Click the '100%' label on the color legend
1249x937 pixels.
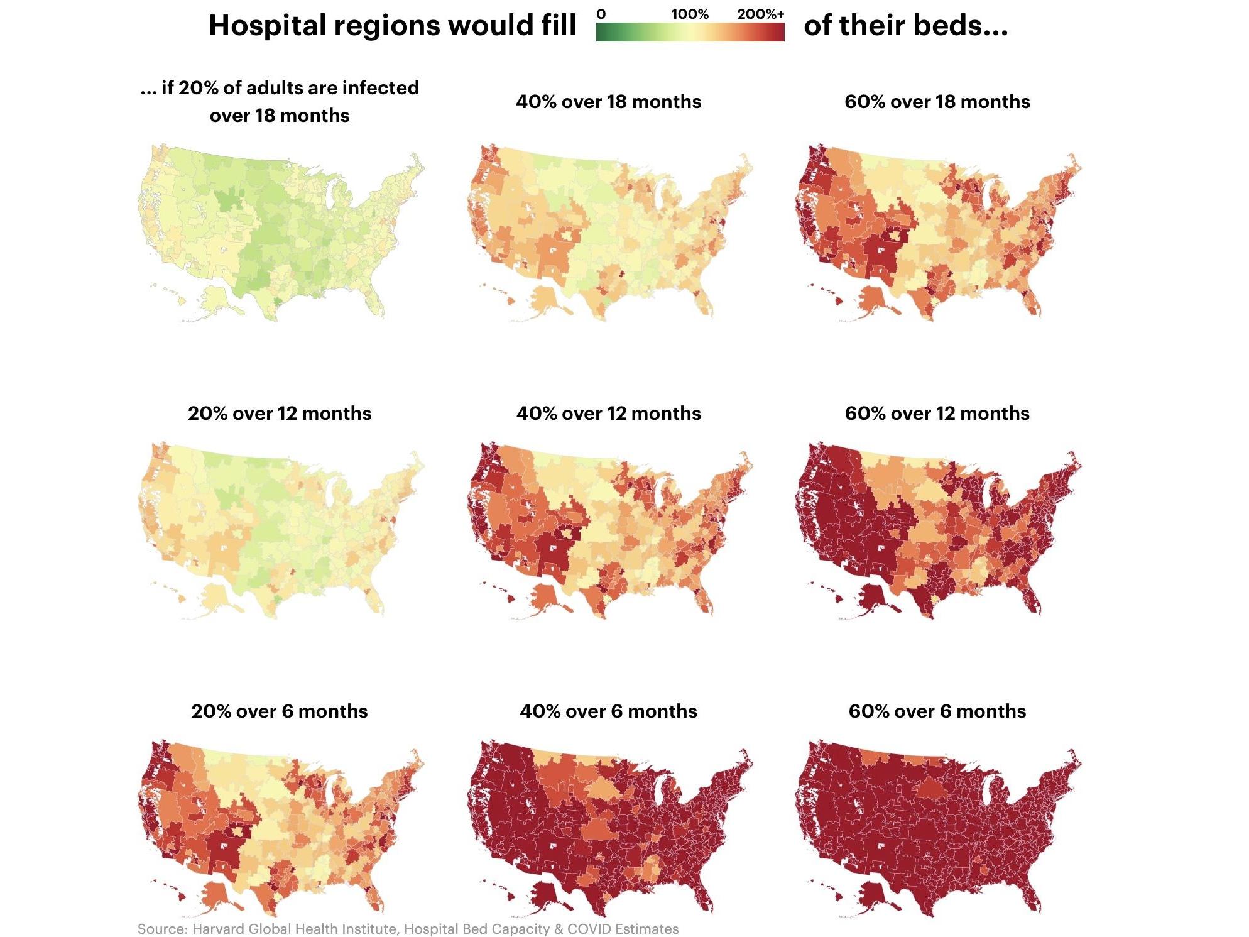[689, 14]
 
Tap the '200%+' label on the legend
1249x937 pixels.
[760, 14]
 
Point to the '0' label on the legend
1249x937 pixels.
[601, 14]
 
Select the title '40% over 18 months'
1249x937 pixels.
[608, 102]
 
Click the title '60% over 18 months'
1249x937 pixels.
[937, 102]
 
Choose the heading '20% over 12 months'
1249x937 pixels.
[280, 414]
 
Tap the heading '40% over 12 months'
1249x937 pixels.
[608, 414]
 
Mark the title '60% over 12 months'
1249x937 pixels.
[937, 414]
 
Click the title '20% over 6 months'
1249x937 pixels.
[280, 711]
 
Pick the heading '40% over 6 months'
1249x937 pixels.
[608, 711]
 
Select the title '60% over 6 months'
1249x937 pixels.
[937, 711]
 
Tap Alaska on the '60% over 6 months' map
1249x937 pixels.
[875, 896]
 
